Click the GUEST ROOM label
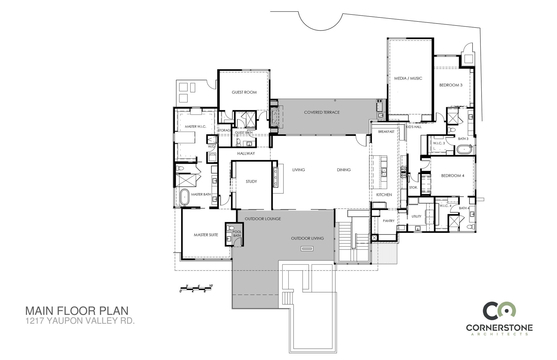coord(244,92)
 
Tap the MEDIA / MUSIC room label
coord(408,78)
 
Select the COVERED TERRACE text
coord(322,112)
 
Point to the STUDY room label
coord(251,181)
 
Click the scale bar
coord(197,288)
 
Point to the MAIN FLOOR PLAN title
coord(77,311)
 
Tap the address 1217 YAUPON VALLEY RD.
coord(80,321)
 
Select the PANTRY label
coord(388,221)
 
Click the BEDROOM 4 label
coord(453,176)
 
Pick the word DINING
coord(344,170)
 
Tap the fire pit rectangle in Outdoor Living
coord(307,248)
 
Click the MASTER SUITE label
coord(206,235)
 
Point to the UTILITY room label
coord(416,217)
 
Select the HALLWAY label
coord(246,153)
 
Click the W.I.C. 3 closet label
coord(439,143)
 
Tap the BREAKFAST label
coord(386,132)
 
